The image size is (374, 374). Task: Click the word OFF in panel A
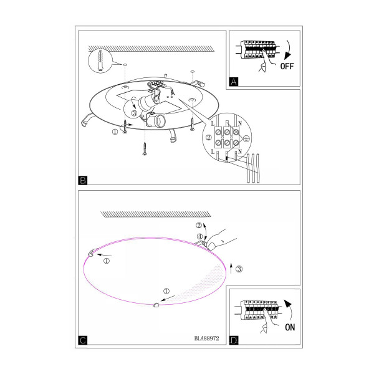(x=287, y=66)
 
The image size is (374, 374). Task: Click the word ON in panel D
(x=290, y=327)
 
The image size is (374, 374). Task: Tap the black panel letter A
(x=234, y=82)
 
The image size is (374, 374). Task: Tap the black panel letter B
(x=83, y=180)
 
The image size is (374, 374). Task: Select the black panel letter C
(x=83, y=340)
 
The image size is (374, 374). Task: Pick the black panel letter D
(x=234, y=340)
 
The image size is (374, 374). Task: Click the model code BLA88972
(x=206, y=338)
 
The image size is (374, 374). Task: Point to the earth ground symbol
(x=247, y=138)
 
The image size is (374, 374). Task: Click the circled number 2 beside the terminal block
(x=208, y=137)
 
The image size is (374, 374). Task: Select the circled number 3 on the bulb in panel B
(x=134, y=113)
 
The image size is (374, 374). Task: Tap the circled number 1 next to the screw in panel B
(x=115, y=132)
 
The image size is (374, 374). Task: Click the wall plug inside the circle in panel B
(x=100, y=60)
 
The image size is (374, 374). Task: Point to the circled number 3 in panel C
(x=239, y=269)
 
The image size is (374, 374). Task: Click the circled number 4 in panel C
(x=199, y=236)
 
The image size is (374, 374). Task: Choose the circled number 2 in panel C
(x=199, y=225)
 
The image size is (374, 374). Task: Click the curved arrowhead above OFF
(x=287, y=55)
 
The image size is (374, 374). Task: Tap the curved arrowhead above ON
(x=288, y=304)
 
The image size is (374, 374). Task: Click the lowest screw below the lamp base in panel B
(x=145, y=148)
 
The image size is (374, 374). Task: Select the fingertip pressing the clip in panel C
(x=211, y=246)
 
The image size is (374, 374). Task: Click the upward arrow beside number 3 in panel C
(x=231, y=268)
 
